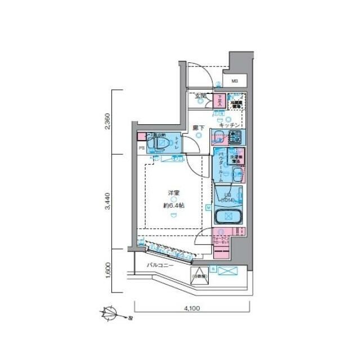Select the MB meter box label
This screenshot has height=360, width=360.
point(235,81)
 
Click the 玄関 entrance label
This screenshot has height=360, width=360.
point(201,96)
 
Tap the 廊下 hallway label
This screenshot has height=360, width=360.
point(198,128)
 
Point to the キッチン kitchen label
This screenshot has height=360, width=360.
point(230,125)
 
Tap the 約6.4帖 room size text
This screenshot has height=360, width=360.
point(174,205)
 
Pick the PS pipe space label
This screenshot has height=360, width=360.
point(142,148)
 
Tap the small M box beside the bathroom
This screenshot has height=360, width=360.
point(208,208)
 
